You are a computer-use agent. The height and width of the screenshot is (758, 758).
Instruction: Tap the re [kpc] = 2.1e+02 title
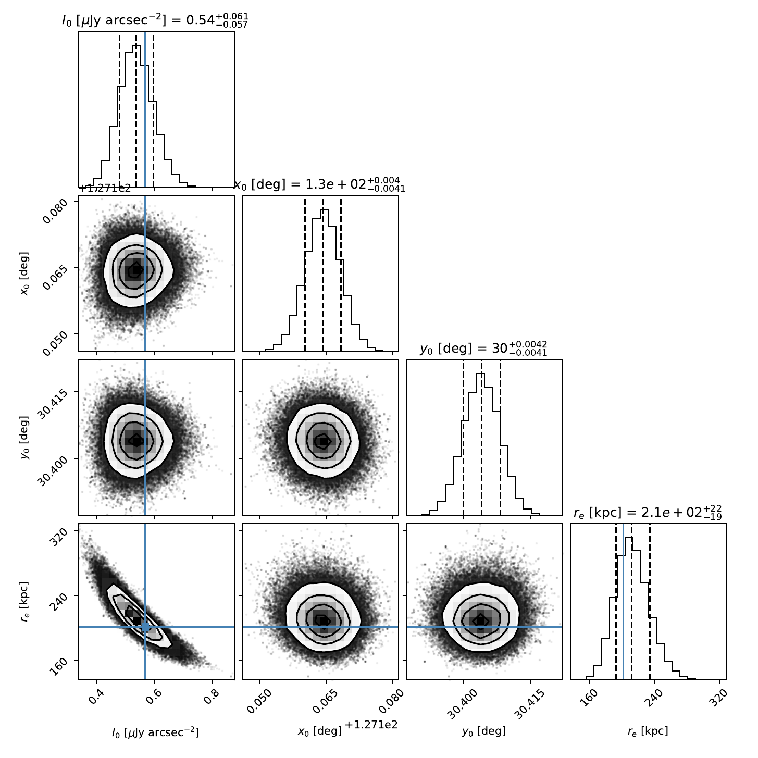click(x=648, y=513)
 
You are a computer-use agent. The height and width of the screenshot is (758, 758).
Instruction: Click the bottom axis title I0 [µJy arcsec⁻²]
click(x=155, y=732)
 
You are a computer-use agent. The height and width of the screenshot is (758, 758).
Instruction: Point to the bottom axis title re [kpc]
click(x=648, y=731)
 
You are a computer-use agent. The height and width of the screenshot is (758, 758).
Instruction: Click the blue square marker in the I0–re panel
click(x=145, y=627)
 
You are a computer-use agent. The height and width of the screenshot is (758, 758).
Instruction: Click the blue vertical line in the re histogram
click(x=623, y=599)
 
